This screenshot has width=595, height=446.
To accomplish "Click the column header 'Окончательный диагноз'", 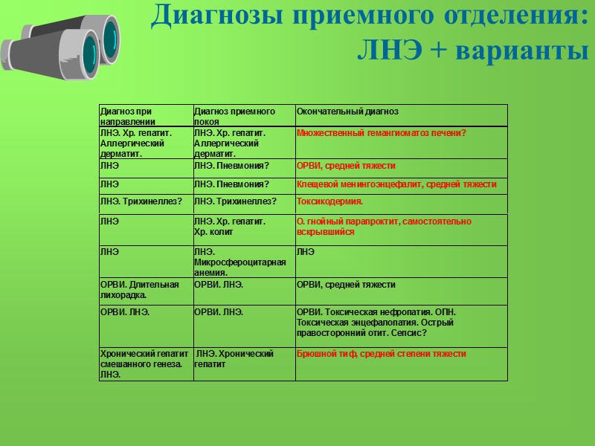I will (x=347, y=111).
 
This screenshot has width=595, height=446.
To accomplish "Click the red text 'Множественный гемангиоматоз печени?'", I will (x=381, y=133).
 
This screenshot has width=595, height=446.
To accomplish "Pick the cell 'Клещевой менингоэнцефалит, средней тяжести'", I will (x=396, y=184).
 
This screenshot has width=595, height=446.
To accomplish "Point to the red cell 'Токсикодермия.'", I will (x=329, y=201).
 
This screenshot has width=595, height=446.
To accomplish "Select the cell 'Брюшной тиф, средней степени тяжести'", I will (x=381, y=354).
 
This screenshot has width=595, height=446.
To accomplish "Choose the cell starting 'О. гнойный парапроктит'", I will (x=383, y=227).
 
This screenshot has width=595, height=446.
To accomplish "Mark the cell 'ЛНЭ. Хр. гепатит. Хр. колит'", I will (x=229, y=227).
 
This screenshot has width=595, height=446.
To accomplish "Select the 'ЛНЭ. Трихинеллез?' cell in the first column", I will (x=141, y=201).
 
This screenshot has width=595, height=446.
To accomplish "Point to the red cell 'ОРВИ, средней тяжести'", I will (x=346, y=166).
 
